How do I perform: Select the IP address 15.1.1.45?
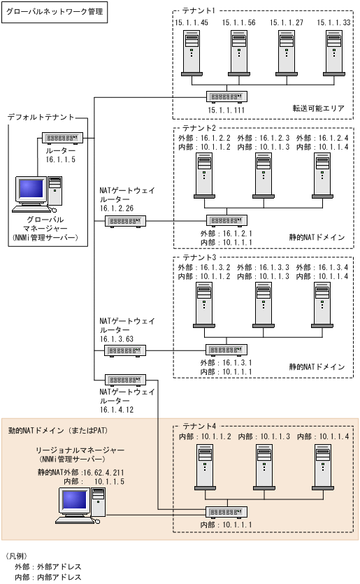tap(192, 22)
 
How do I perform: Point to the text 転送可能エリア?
tap(319, 108)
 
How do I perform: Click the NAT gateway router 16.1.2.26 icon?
tap(126, 221)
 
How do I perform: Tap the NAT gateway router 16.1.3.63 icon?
tap(126, 349)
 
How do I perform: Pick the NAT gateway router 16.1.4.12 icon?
tap(126, 380)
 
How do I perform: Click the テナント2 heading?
tap(199, 128)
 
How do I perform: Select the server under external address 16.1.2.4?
tap(322, 175)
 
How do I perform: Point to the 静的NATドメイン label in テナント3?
tap(317, 366)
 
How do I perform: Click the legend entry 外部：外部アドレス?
tap(48, 567)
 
